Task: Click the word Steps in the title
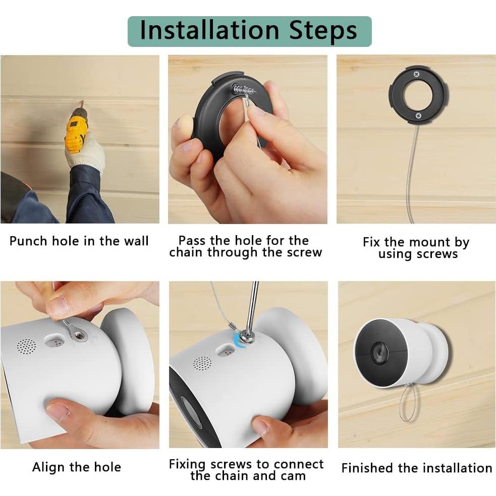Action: point(323,30)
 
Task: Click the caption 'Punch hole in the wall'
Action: point(79,241)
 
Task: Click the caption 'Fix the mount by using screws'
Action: point(416,248)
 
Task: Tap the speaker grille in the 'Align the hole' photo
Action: point(26,346)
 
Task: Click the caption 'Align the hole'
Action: point(77,467)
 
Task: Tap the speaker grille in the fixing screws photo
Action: point(202,363)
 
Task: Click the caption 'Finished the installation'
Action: point(416,468)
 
